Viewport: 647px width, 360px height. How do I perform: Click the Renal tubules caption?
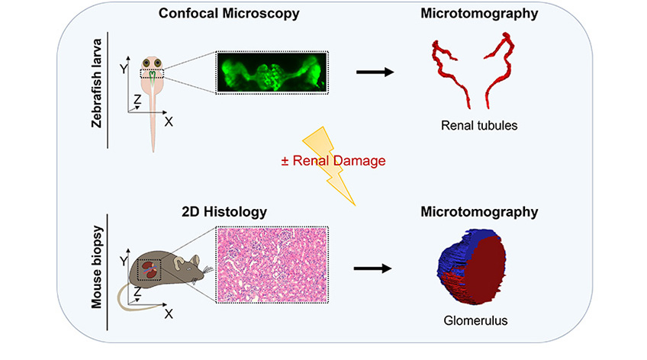[x=473, y=125]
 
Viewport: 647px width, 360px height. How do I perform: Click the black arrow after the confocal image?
[x=375, y=72]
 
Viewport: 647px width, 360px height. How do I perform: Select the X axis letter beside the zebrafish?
[x=168, y=121]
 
